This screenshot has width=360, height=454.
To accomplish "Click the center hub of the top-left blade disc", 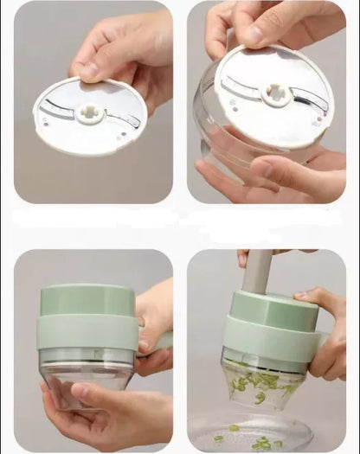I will pos(90,115).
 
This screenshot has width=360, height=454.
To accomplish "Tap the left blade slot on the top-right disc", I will pos(245,85).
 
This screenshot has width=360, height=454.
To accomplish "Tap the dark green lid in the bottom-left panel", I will pos(87,300).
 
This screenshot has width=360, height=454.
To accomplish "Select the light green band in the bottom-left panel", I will pos(87,332).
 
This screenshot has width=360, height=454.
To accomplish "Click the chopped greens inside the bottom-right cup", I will pos(260,381).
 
